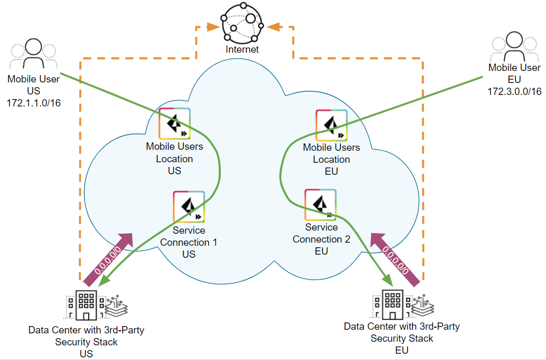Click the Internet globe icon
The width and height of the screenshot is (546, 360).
point(242,23)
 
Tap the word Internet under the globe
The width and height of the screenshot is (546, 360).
point(242,50)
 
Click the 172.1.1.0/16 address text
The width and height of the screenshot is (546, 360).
point(33,103)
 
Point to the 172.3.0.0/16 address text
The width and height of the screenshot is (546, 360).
point(514,91)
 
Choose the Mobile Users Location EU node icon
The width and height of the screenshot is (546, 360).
point(331,125)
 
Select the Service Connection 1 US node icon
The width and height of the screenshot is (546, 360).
point(188,207)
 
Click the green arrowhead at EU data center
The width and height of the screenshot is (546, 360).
point(387,281)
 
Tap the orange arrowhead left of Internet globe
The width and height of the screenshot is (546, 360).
point(213,26)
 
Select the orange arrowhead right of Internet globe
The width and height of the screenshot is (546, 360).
point(272,26)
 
